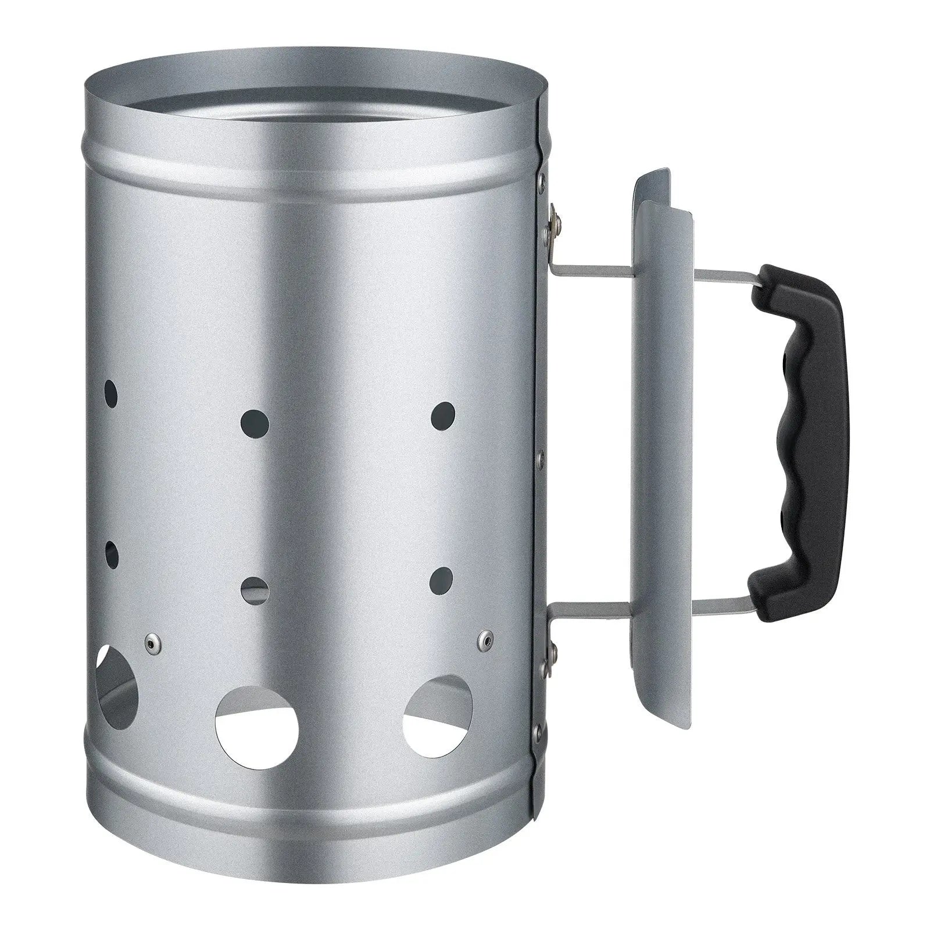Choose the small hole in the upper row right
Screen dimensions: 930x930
[443, 416]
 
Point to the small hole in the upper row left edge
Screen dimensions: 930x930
[110, 395]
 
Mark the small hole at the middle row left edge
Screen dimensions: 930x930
[111, 555]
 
